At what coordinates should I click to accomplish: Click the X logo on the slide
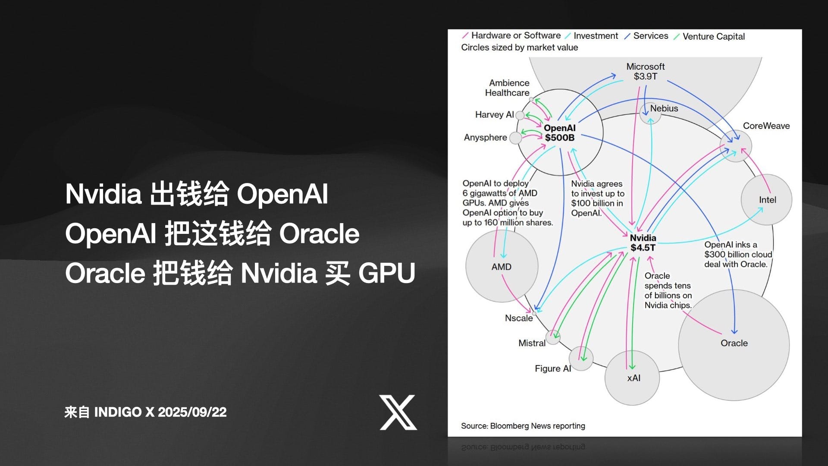pyautogui.click(x=398, y=412)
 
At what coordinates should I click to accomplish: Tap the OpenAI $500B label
pyautogui.click(x=559, y=133)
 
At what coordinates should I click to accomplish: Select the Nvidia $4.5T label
pyautogui.click(x=643, y=243)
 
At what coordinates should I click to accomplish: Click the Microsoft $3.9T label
pyautogui.click(x=645, y=72)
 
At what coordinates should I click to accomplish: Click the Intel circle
pyautogui.click(x=766, y=200)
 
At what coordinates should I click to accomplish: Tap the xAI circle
pyautogui.click(x=632, y=378)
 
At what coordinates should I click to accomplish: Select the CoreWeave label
pyautogui.click(x=766, y=126)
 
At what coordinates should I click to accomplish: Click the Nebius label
pyautogui.click(x=664, y=108)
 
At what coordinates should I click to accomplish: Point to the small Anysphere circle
pyautogui.click(x=515, y=138)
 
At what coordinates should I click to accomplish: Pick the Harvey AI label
pyautogui.click(x=494, y=115)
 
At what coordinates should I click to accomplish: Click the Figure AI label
pyautogui.click(x=552, y=368)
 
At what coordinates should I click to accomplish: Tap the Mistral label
pyautogui.click(x=532, y=343)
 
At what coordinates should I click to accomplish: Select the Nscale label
pyautogui.click(x=519, y=318)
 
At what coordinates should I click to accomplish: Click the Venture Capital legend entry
pyautogui.click(x=713, y=37)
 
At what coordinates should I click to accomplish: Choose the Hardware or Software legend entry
pyautogui.click(x=516, y=35)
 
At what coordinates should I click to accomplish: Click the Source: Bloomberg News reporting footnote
pyautogui.click(x=523, y=426)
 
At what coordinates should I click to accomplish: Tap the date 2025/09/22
pyautogui.click(x=192, y=412)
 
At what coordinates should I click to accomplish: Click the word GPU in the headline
pyautogui.click(x=386, y=273)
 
